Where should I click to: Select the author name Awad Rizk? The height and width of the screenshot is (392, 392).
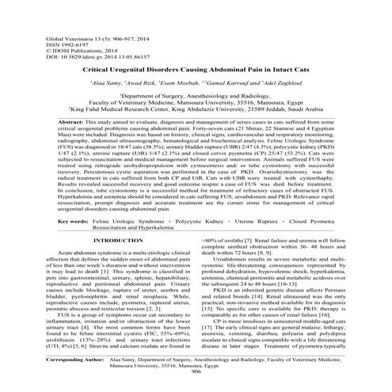click(x=146, y=82)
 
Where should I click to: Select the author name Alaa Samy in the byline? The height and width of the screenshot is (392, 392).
click(x=105, y=82)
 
